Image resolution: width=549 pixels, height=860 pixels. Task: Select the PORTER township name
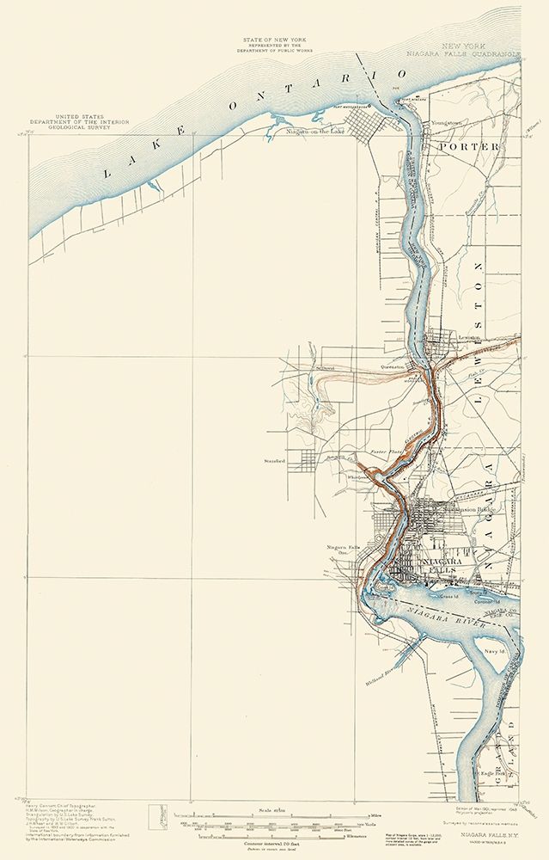[x=468, y=147]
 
